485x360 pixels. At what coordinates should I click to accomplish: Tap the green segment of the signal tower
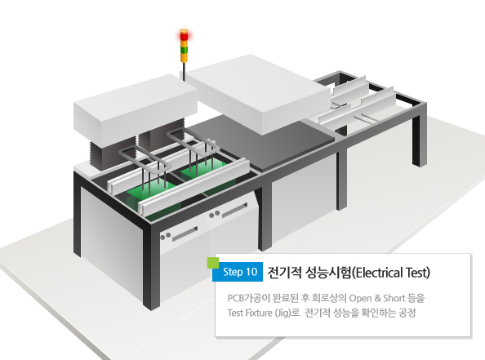[x=184, y=50]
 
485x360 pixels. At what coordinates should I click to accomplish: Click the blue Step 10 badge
[x=238, y=272]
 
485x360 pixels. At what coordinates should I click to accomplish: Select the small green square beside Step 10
[x=213, y=263]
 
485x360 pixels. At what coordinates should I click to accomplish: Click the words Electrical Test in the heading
[x=391, y=273]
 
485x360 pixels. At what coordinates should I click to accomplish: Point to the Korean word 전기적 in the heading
[x=284, y=273]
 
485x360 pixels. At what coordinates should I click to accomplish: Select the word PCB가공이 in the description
[x=249, y=298]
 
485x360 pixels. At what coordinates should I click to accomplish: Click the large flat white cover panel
[x=258, y=93]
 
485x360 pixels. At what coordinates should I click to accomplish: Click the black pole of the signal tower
[x=184, y=72]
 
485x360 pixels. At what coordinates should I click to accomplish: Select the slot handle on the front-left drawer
[x=185, y=234]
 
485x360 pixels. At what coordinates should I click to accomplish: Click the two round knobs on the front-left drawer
[x=166, y=236]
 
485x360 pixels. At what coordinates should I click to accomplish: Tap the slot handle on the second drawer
[x=235, y=210]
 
